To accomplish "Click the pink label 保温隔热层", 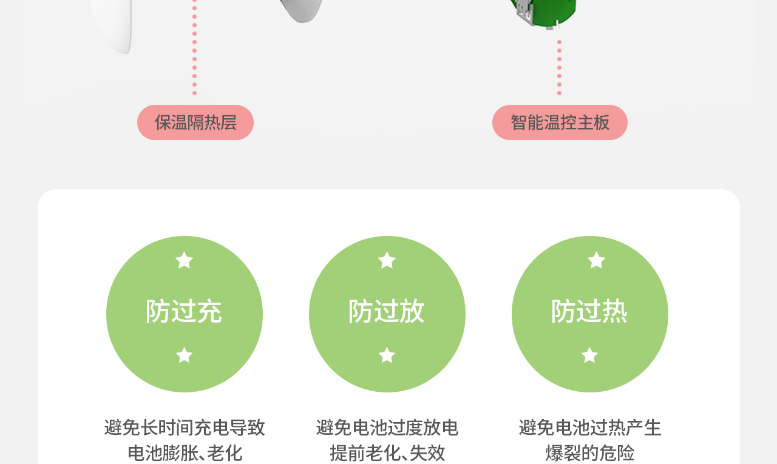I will pyautogui.click(x=195, y=123).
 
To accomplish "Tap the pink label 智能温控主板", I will pyautogui.click(x=560, y=123).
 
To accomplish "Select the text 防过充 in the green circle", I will pyautogui.click(x=184, y=312).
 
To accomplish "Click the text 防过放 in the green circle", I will pyautogui.click(x=387, y=312).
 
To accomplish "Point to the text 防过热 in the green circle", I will pyautogui.click(x=589, y=312).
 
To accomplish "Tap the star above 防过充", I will pyautogui.click(x=184, y=260).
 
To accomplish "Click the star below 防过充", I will pyautogui.click(x=184, y=355).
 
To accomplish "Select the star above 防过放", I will pyautogui.click(x=387, y=260).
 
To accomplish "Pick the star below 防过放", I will pyautogui.click(x=387, y=355).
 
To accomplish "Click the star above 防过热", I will pyautogui.click(x=597, y=260).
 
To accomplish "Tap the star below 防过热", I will pyautogui.click(x=589, y=355).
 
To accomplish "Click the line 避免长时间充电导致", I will pyautogui.click(x=185, y=428).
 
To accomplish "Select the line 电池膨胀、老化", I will pyautogui.click(x=185, y=452).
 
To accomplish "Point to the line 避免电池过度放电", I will pyautogui.click(x=387, y=428).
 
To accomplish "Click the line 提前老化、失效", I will pyautogui.click(x=387, y=452).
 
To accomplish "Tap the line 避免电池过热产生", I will pyautogui.click(x=590, y=428).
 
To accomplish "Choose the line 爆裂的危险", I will pyautogui.click(x=590, y=452).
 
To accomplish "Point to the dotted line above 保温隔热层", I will pyautogui.click(x=194, y=49).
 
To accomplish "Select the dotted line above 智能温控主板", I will pyautogui.click(x=559, y=67).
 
